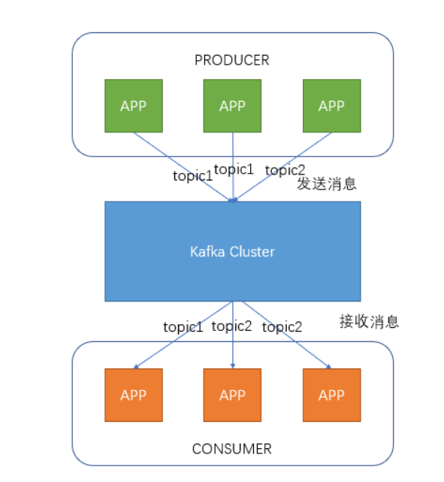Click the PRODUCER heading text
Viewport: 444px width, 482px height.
(231, 60)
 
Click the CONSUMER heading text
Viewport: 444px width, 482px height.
(231, 449)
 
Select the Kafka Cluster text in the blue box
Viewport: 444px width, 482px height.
(232, 251)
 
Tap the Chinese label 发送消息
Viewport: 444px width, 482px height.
(326, 184)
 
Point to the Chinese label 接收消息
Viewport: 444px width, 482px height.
(369, 322)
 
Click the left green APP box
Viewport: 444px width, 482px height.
(133, 105)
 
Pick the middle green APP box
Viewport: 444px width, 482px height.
(232, 105)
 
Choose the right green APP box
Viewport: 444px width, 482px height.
(331, 105)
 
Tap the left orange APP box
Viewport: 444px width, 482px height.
(133, 395)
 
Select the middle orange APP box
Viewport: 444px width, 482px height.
(232, 395)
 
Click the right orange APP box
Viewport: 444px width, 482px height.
(331, 395)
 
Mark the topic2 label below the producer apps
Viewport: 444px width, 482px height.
(285, 170)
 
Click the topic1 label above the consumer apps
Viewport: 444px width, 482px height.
(183, 326)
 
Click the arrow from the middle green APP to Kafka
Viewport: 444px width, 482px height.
(232, 150)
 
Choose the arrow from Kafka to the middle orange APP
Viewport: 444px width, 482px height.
(232, 346)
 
